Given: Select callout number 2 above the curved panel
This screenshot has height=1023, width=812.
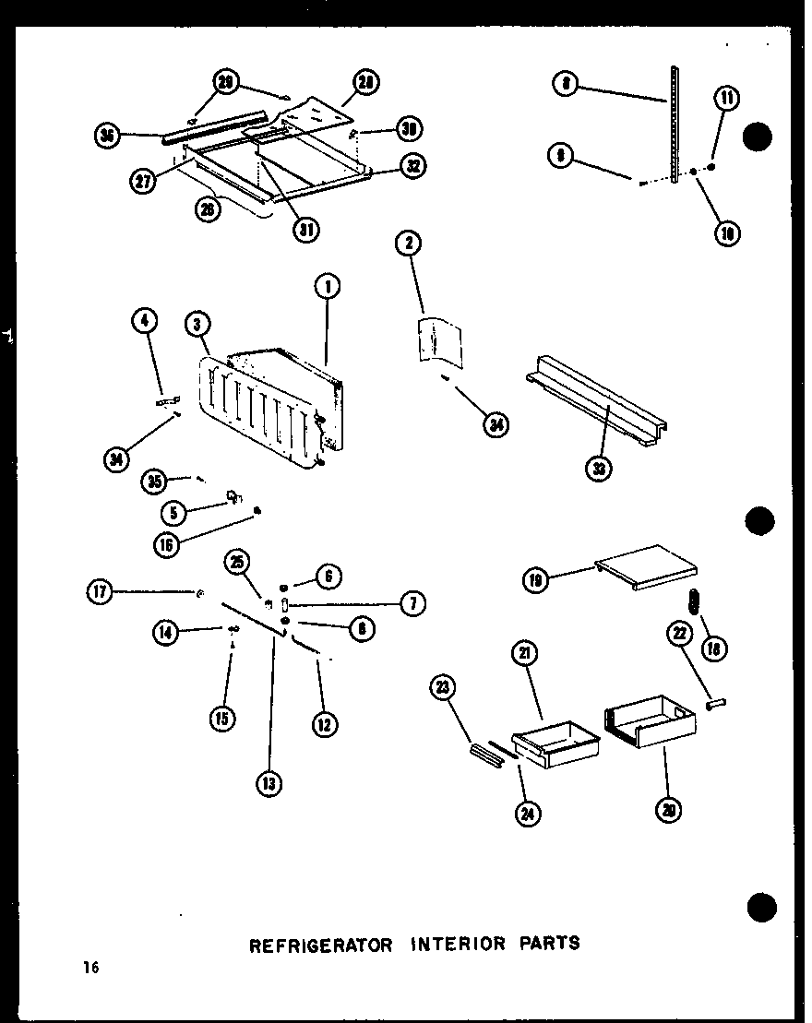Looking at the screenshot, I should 408,244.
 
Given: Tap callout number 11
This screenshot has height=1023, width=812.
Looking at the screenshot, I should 727,99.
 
